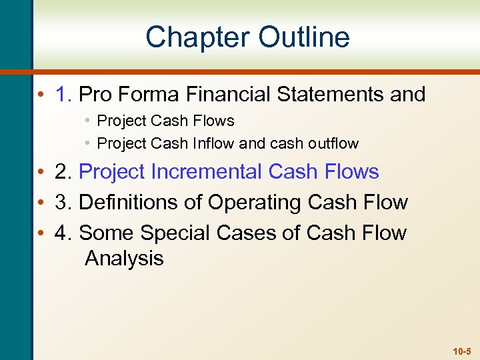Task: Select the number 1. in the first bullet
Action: [65, 94]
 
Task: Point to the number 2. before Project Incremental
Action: [65, 171]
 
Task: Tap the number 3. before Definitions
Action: [65, 202]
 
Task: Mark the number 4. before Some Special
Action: [65, 233]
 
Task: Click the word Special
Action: [179, 233]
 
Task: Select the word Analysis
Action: [124, 258]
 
